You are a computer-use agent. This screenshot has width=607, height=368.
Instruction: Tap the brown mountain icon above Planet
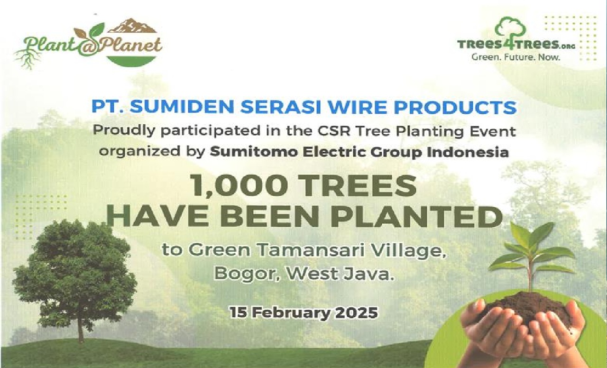coord(134,26)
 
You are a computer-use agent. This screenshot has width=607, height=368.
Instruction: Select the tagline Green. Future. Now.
coord(515,57)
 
